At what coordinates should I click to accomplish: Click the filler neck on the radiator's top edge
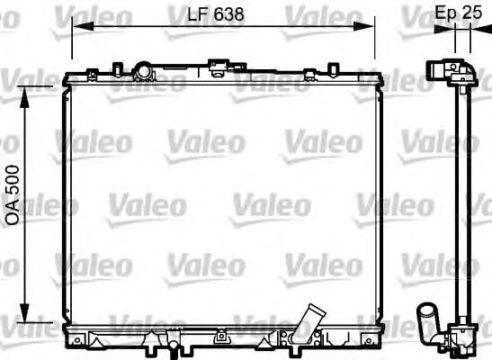[141, 69]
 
